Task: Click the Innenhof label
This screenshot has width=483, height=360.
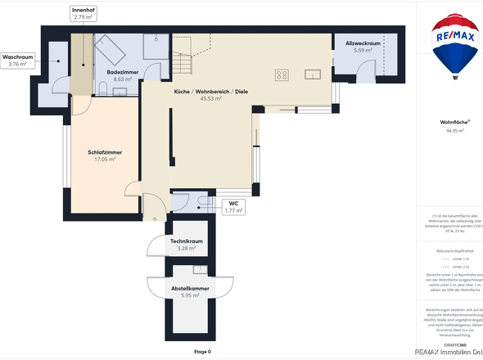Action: pyautogui.click(x=83, y=12)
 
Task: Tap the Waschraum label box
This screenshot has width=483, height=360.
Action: pyautogui.click(x=17, y=60)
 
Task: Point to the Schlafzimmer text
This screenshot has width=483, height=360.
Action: pyautogui.click(x=105, y=152)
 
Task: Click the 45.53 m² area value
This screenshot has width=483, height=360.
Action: pyautogui.click(x=211, y=98)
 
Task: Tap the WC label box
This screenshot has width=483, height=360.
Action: pyautogui.click(x=233, y=205)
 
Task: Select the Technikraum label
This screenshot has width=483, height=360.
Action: pyautogui.click(x=187, y=241)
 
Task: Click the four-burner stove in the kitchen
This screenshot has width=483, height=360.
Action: pyautogui.click(x=282, y=74)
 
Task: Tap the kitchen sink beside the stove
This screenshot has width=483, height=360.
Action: pyautogui.click(x=314, y=74)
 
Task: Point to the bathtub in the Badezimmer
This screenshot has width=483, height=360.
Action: pyautogui.click(x=110, y=51)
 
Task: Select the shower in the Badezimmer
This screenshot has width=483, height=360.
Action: pyautogui.click(x=156, y=45)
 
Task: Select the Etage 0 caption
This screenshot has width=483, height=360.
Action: pyautogui.click(x=202, y=351)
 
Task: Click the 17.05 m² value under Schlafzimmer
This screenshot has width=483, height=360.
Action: pyautogui.click(x=105, y=160)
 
